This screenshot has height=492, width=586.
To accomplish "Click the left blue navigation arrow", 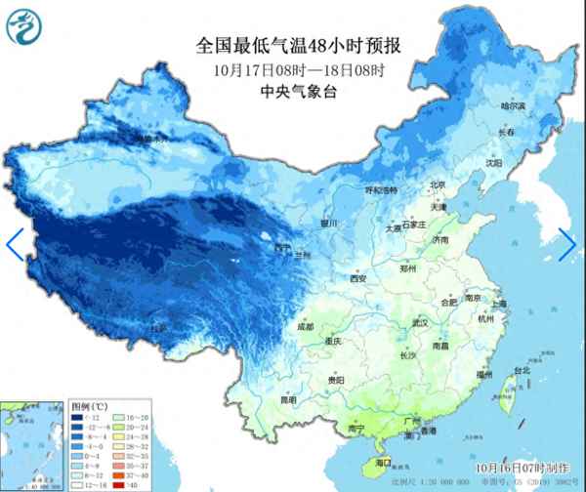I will coord(14,244).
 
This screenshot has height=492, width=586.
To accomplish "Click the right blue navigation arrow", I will coord(567,244).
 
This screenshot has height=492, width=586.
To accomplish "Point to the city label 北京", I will coord(437,184).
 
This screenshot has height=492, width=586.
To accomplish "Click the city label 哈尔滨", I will coord(512,105).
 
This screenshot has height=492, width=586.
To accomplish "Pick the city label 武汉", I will coord(422,322).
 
